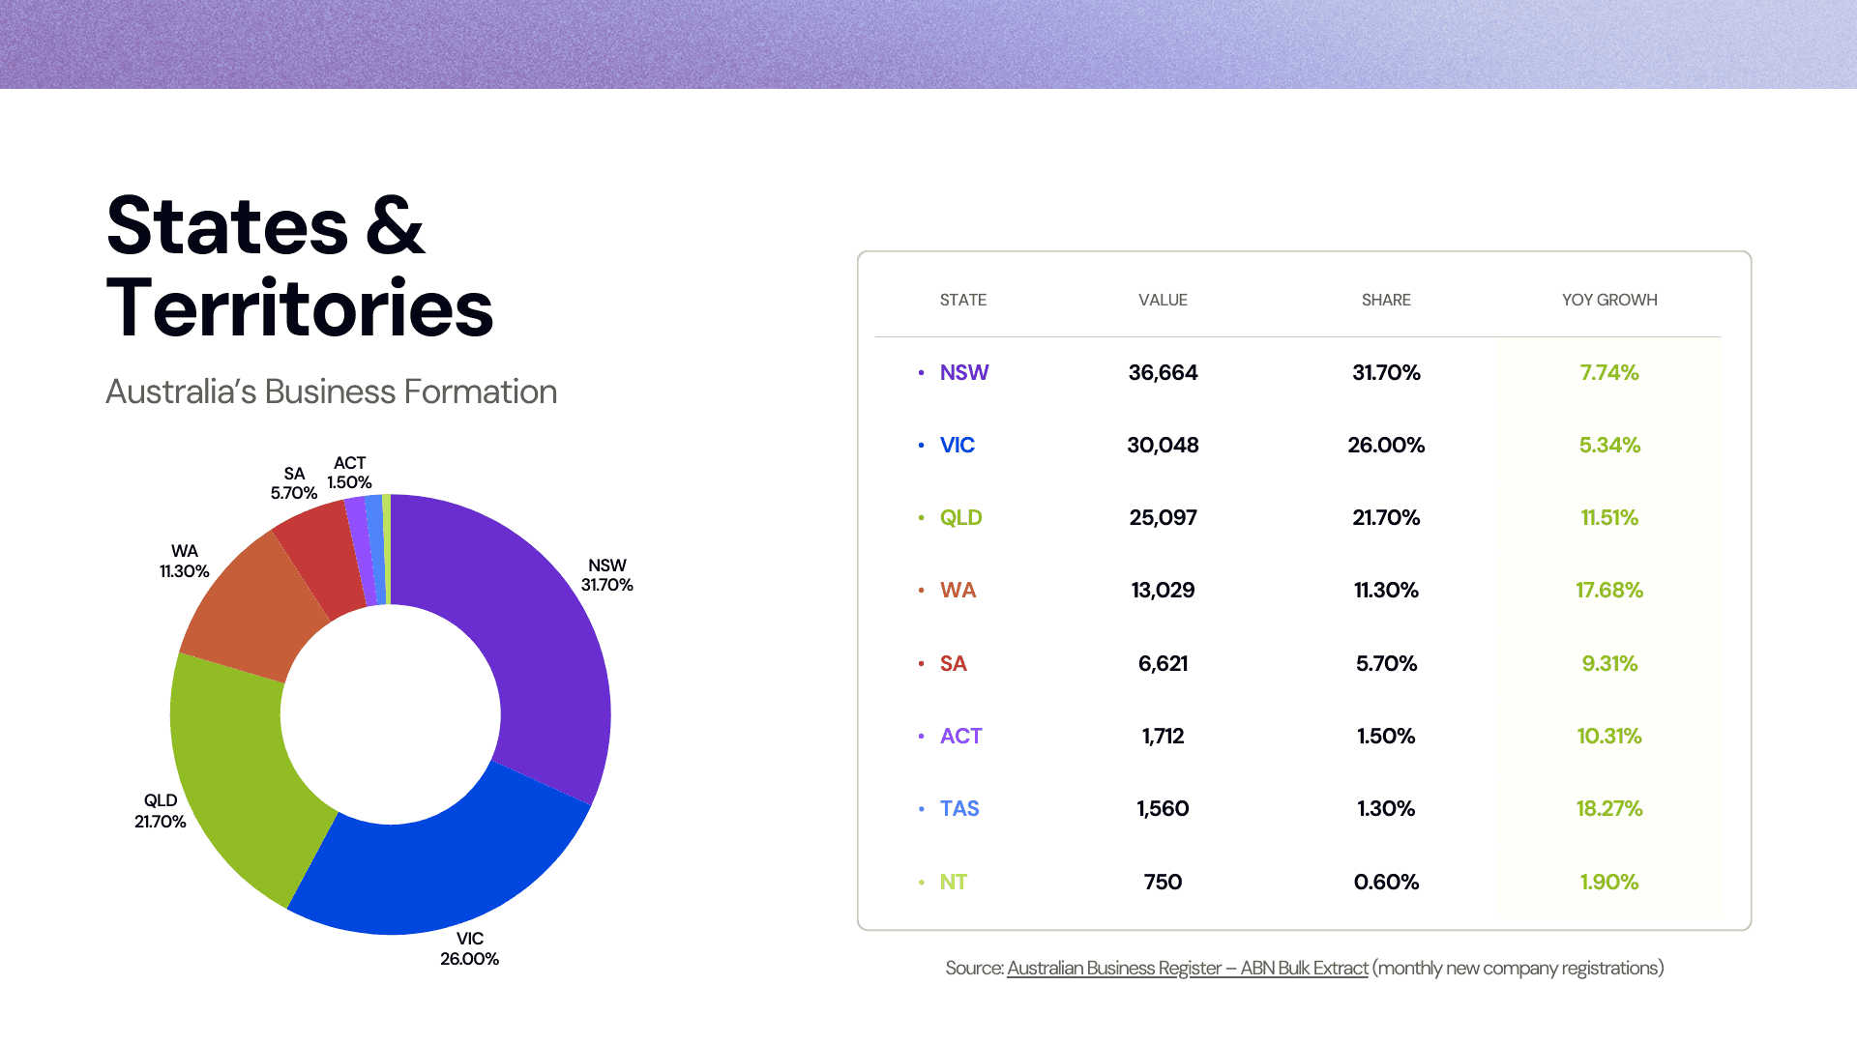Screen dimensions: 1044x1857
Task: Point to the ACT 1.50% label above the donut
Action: [x=349, y=473]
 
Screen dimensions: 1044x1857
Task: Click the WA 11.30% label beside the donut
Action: [x=185, y=561]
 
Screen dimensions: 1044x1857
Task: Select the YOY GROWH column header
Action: [x=1609, y=300]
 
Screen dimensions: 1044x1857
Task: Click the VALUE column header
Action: [x=1163, y=300]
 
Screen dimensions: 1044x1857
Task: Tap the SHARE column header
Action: [x=1386, y=300]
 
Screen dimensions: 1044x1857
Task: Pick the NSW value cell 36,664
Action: [x=1163, y=372]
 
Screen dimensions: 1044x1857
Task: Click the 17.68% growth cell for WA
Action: [x=1609, y=590]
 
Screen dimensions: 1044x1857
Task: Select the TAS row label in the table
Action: [x=959, y=808]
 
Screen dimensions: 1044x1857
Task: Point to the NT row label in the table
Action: [x=954, y=882]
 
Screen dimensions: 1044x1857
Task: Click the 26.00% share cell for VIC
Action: [x=1386, y=445]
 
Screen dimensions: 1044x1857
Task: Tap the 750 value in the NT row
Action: [x=1163, y=882]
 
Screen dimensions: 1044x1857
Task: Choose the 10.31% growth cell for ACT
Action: [x=1609, y=736]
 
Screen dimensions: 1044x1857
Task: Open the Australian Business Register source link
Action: [x=1187, y=968]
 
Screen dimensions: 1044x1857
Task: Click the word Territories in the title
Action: [x=300, y=308]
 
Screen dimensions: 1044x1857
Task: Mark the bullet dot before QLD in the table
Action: [x=921, y=518]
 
